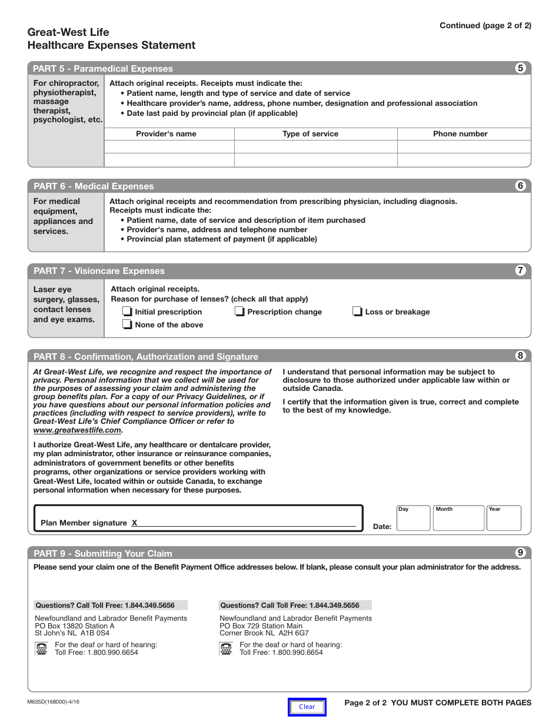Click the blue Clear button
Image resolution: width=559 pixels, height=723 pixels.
point(307,707)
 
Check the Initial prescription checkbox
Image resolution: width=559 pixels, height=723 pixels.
point(127,312)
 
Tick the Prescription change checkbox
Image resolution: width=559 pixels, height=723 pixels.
point(239,312)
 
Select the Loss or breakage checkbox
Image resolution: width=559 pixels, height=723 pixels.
point(357,312)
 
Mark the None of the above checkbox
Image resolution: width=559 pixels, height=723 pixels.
point(127,324)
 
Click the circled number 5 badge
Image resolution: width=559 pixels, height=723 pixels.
point(520,68)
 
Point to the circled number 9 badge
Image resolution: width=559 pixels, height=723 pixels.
point(520,553)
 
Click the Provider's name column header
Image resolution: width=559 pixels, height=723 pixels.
point(166,134)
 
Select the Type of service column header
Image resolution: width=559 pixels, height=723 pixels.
point(310,134)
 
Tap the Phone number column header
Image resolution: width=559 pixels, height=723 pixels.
point(460,134)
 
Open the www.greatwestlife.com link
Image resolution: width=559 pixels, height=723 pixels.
point(77,430)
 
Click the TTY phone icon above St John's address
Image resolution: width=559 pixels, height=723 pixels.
point(42,649)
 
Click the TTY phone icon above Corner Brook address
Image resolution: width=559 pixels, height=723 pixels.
point(227,649)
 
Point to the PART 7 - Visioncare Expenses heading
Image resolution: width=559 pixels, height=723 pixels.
point(99,271)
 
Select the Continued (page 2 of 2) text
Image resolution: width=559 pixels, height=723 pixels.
point(485,26)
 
